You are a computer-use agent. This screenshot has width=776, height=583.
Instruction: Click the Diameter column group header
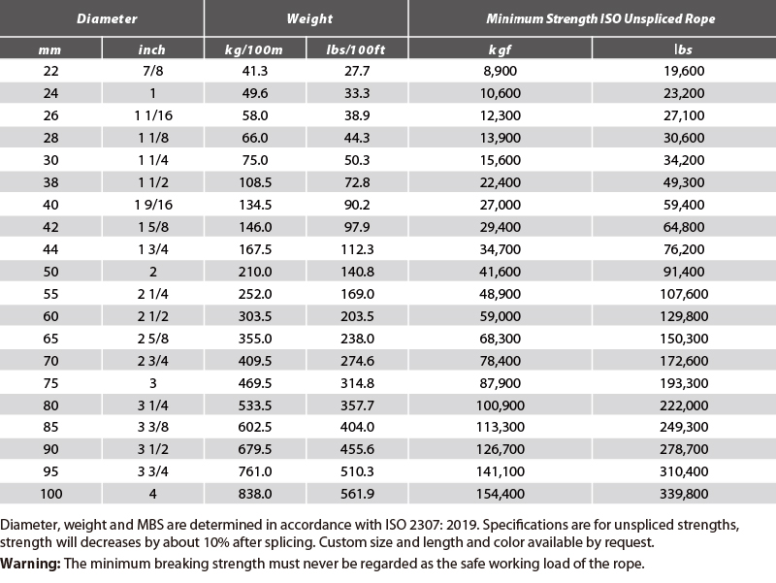click(107, 18)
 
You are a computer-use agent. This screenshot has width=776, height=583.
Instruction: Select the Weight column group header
click(309, 18)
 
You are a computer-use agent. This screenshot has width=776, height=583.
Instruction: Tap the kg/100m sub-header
click(253, 49)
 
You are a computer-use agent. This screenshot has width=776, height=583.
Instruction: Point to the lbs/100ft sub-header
click(355, 49)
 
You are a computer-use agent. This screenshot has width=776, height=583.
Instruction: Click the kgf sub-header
click(500, 49)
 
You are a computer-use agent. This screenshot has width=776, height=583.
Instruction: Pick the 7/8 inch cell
click(153, 71)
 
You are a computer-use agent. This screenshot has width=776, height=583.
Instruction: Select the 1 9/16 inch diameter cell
click(153, 205)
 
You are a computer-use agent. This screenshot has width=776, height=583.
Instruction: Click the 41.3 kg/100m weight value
click(255, 71)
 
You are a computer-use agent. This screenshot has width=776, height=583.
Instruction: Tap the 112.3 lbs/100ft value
click(357, 249)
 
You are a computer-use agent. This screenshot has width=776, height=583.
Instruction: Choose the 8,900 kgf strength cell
click(501, 71)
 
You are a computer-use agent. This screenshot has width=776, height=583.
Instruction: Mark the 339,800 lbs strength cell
click(684, 494)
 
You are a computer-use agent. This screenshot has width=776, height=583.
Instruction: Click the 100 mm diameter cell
click(51, 494)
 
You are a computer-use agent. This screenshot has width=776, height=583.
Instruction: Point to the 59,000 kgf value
click(501, 315)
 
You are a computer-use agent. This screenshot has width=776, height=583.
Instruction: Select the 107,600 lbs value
click(684, 294)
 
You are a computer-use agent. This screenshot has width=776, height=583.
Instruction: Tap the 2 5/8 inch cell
click(153, 338)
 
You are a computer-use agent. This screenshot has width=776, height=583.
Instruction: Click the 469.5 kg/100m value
click(255, 382)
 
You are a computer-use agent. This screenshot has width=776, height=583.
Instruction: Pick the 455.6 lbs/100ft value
click(357, 449)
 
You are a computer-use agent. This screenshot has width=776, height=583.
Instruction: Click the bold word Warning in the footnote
click(30, 564)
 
